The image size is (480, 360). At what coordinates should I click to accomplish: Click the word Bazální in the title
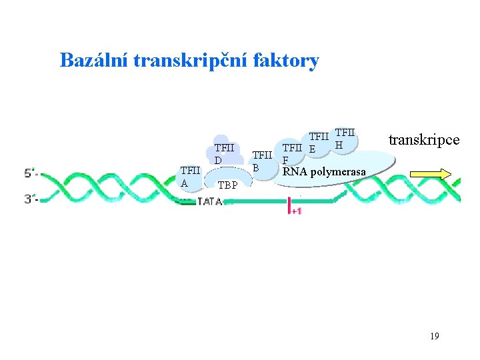[x=94, y=61]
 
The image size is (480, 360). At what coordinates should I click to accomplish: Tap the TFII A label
[x=190, y=177]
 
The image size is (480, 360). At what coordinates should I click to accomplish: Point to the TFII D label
[x=224, y=154]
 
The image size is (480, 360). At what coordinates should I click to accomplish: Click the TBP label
[x=228, y=185]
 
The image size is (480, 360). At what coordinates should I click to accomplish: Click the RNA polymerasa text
[x=324, y=172]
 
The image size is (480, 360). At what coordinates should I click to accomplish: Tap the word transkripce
[x=423, y=140]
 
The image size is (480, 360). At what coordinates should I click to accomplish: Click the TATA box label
[x=209, y=202]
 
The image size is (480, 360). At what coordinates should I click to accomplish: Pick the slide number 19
[x=434, y=336]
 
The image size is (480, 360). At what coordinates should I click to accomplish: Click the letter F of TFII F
[x=285, y=161]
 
